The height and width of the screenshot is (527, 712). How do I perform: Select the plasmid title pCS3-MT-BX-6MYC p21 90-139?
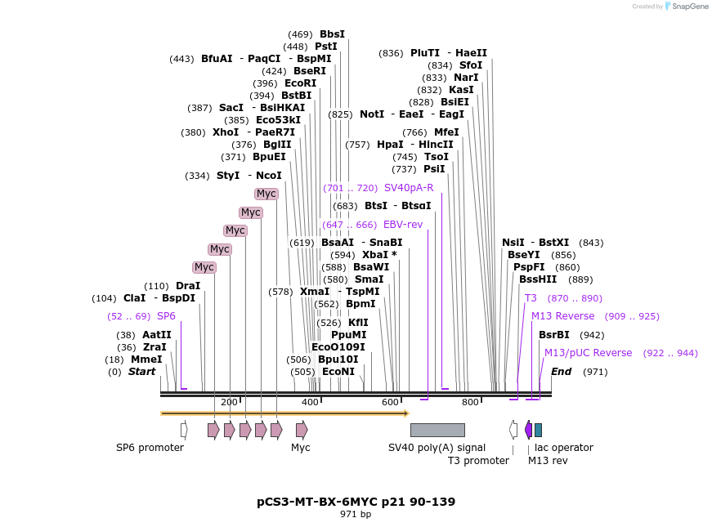coord(356,502)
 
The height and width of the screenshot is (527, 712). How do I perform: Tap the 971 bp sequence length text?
coord(356,515)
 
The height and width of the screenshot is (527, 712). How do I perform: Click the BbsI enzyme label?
coord(332,34)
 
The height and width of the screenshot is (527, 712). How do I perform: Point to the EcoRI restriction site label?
coord(300,83)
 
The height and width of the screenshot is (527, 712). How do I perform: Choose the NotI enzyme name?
coord(372,114)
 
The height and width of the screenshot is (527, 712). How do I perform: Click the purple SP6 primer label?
coord(166,316)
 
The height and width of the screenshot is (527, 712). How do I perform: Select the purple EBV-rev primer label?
coord(403,225)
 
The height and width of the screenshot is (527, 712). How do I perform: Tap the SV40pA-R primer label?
coord(409,188)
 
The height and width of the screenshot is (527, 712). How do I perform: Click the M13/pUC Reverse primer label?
coord(589,353)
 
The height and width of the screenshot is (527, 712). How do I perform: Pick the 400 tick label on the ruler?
coord(310,402)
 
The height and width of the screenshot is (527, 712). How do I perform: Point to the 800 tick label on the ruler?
coord(470,402)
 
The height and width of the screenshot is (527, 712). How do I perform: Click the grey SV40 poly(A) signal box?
coord(437,430)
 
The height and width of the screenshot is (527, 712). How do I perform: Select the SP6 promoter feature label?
coord(150,448)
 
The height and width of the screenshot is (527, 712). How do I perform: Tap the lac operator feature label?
coord(563,448)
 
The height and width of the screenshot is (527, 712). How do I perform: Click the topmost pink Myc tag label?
coord(266,194)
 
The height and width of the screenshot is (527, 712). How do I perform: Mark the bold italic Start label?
coord(141,372)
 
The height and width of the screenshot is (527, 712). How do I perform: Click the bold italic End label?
coord(562,372)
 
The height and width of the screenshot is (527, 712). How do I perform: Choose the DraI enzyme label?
coord(188,286)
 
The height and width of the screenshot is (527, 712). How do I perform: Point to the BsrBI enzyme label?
coord(554,335)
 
